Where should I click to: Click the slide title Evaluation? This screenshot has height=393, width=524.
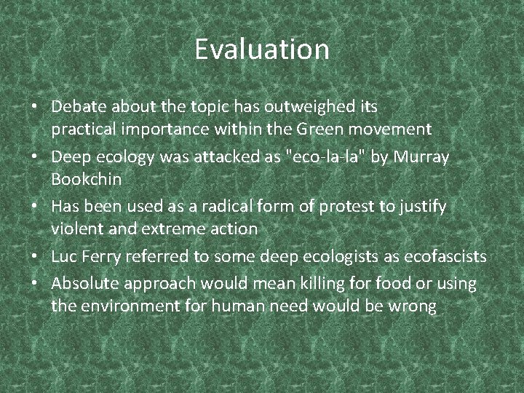[262, 49]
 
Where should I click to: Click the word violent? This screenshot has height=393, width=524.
[75, 229]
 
